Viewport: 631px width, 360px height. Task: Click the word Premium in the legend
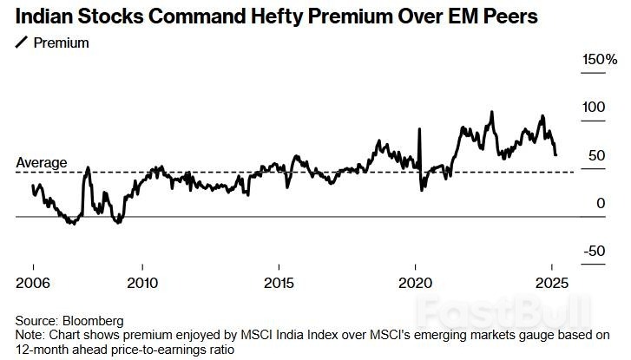[x=61, y=43]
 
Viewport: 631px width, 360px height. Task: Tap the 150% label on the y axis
[x=599, y=60]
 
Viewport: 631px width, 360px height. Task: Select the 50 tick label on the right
[x=595, y=156]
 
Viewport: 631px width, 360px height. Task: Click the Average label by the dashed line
[x=42, y=162]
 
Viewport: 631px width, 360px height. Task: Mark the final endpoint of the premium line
[x=555, y=154]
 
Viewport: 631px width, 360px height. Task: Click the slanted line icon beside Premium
[x=22, y=43]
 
